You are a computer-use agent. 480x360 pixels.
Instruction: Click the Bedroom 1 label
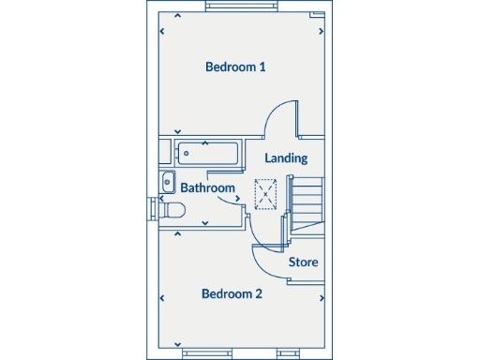(236, 67)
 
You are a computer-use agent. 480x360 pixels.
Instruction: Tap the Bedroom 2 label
(232, 293)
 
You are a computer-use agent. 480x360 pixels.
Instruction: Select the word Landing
(286, 158)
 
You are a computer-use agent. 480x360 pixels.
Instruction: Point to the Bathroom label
(207, 187)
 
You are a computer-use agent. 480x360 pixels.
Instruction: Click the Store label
(303, 262)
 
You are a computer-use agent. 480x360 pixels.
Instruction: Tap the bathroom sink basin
(168, 181)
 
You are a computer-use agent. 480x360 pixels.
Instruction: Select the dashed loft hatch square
(267, 194)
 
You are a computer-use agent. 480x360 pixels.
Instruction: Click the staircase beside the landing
(306, 198)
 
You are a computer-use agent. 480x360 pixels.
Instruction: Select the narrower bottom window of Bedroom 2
(199, 353)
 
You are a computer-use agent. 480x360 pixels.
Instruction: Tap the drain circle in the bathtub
(187, 152)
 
